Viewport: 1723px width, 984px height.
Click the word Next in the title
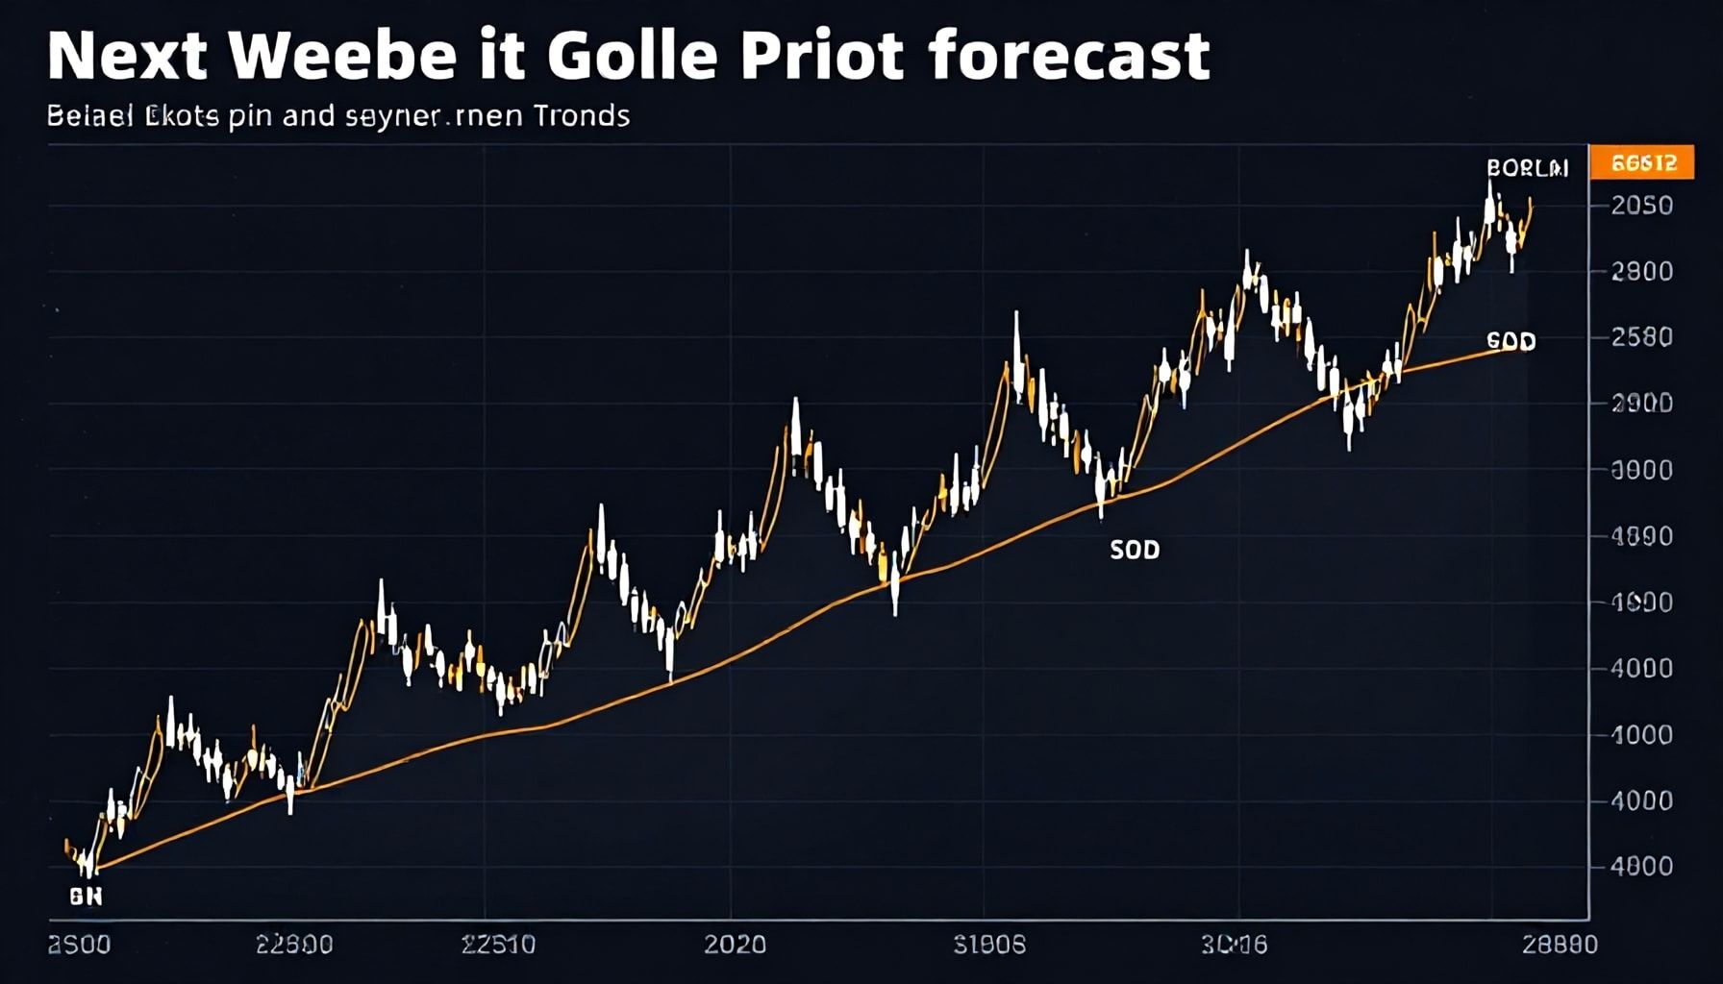[127, 57]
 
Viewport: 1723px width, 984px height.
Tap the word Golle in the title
[633, 57]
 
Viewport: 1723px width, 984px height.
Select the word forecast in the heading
[1069, 57]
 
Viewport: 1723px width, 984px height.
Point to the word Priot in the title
[821, 57]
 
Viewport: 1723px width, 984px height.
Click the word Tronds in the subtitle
[581, 116]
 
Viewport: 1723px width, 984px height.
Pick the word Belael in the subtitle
[90, 116]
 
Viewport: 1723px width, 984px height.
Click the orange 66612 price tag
[1643, 163]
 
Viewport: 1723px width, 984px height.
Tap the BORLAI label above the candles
[1527, 168]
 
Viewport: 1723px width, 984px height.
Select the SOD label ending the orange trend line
[1511, 341]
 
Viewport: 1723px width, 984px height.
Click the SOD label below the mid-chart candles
[1135, 550]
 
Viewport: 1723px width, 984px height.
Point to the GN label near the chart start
[86, 897]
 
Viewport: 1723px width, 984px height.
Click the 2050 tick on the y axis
[1642, 206]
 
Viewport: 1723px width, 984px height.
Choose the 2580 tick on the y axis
[1642, 337]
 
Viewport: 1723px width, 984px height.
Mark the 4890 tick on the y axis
[1642, 536]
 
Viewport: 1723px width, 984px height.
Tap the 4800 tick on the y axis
[1642, 867]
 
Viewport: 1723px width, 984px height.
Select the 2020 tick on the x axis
[735, 945]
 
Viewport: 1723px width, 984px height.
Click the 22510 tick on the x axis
[498, 945]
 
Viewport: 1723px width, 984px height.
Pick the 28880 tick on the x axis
[1560, 945]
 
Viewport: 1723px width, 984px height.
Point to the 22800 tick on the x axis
[294, 945]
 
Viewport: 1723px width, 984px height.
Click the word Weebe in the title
[343, 57]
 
